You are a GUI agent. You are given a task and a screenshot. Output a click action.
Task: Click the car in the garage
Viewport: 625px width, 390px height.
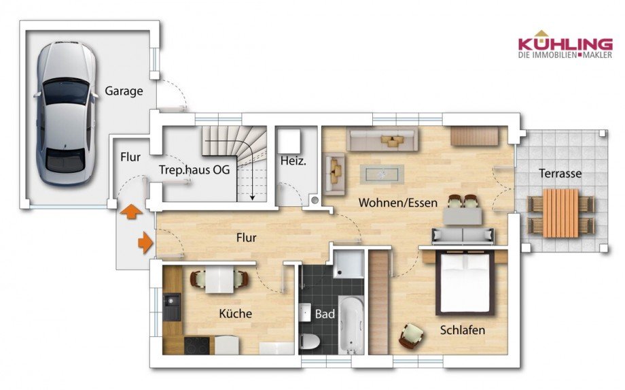(66, 114)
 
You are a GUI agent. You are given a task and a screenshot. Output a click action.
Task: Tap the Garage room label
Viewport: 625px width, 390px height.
(124, 91)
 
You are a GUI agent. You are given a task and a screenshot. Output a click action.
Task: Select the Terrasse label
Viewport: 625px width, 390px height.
(560, 174)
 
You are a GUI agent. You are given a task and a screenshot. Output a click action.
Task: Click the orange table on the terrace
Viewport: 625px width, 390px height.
(561, 213)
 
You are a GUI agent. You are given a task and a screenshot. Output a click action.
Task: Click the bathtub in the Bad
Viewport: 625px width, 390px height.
(351, 325)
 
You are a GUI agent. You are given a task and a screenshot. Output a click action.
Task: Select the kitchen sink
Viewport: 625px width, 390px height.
(172, 307)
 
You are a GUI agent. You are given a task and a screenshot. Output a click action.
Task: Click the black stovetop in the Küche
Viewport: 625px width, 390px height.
(197, 345)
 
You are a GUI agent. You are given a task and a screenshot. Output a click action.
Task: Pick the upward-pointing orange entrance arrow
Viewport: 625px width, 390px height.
(131, 211)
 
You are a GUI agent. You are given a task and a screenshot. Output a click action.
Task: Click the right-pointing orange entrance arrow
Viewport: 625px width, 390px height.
(145, 242)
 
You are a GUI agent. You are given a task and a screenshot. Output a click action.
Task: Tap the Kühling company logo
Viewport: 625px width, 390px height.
(565, 45)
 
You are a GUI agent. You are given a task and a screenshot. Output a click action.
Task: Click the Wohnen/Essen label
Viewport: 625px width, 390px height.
(398, 203)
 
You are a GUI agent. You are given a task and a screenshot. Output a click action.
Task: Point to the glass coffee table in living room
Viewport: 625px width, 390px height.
(382, 174)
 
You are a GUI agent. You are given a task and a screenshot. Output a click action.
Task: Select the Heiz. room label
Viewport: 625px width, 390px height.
(293, 161)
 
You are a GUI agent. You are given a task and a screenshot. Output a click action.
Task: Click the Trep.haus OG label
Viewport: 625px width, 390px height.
(194, 169)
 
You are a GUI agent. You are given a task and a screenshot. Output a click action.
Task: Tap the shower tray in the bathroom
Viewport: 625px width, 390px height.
(349, 264)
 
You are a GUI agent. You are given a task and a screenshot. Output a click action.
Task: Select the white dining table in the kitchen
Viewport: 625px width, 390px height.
(219, 278)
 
